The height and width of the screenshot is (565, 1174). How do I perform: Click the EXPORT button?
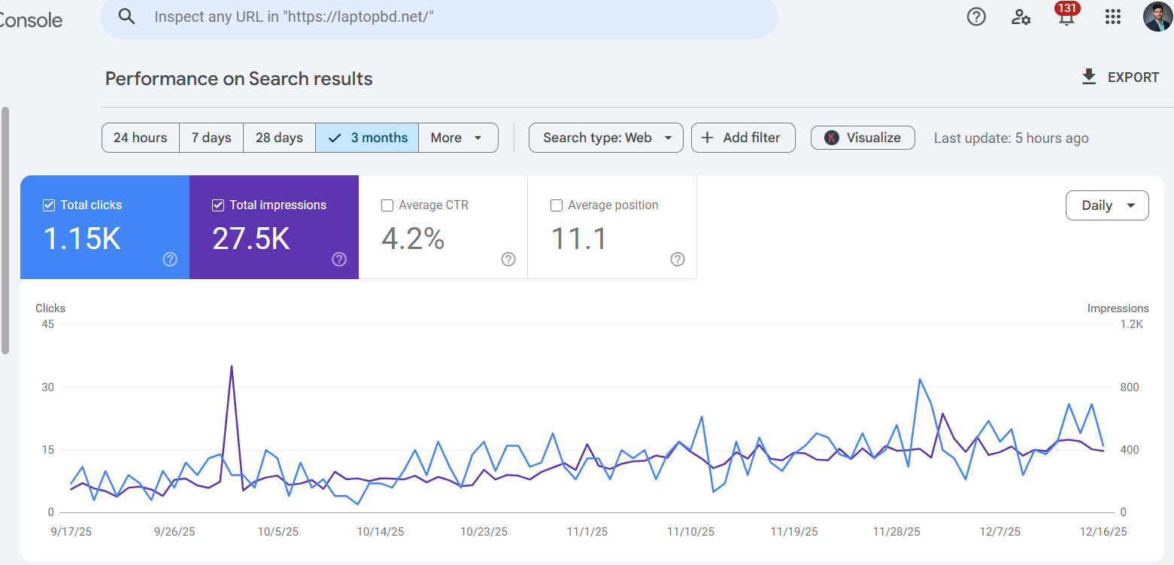coord(1120,77)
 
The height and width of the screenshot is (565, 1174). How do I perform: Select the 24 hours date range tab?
coord(141,138)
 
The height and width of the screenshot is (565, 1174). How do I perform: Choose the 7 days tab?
coord(211,138)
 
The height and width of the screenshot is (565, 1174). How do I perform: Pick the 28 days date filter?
coord(279,138)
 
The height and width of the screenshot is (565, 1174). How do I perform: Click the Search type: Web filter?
coord(605,138)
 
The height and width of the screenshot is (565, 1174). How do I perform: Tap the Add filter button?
coord(742,138)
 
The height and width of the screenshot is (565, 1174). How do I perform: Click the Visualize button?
coord(863,138)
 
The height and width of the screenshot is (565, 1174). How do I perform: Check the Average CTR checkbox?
coord(388,205)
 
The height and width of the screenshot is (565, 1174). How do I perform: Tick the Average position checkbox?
coord(557,205)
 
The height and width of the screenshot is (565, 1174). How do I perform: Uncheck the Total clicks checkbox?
coord(50,205)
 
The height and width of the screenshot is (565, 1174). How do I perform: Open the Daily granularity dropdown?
coord(1106,205)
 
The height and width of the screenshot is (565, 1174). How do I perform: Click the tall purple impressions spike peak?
coord(232,366)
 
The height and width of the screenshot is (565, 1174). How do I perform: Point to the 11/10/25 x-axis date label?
coord(690,532)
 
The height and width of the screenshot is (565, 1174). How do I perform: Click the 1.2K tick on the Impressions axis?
coord(1131,325)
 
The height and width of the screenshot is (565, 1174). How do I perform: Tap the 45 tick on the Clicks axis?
coord(47,325)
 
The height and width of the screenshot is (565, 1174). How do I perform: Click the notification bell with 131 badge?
coord(1066,17)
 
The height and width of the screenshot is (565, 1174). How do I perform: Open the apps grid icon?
coord(1112,17)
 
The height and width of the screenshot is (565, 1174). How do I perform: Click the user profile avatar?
coord(1157,17)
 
